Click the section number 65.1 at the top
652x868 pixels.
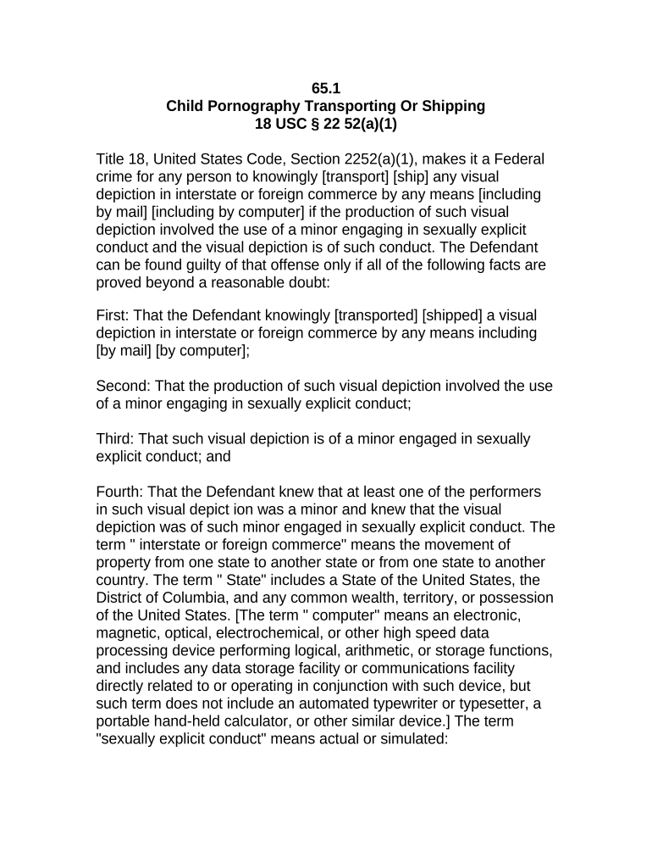pos(326,88)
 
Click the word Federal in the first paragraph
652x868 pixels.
pos(519,159)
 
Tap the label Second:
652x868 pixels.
pos(124,386)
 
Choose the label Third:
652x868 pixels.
pos(115,438)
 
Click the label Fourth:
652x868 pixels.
pos(121,492)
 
